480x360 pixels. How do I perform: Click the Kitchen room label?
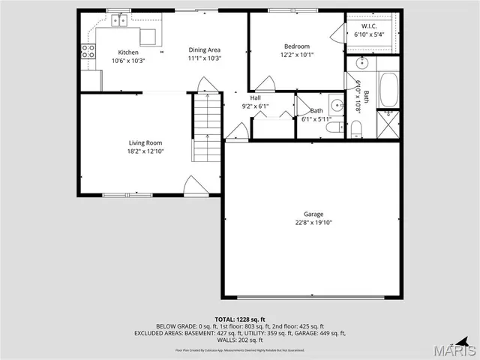pos(127,51)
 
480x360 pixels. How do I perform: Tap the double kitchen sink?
pos(119,21)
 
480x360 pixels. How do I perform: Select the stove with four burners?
pos(88,52)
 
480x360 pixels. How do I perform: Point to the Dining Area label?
pos(204,49)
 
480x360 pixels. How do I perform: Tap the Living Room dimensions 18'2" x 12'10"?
pos(145,151)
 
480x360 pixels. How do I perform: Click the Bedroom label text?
pos(296,46)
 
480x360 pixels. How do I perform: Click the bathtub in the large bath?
pos(388,91)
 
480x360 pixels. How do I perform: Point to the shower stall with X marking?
pos(388,124)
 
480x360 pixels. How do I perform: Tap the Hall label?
pos(256,97)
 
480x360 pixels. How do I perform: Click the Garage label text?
pos(313,214)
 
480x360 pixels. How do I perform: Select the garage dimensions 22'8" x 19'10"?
pos(313,223)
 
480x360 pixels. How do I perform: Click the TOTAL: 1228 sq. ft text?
pos(240,319)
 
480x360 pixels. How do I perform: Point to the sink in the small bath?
pos(337,105)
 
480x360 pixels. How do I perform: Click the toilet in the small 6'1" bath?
pos(334,127)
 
